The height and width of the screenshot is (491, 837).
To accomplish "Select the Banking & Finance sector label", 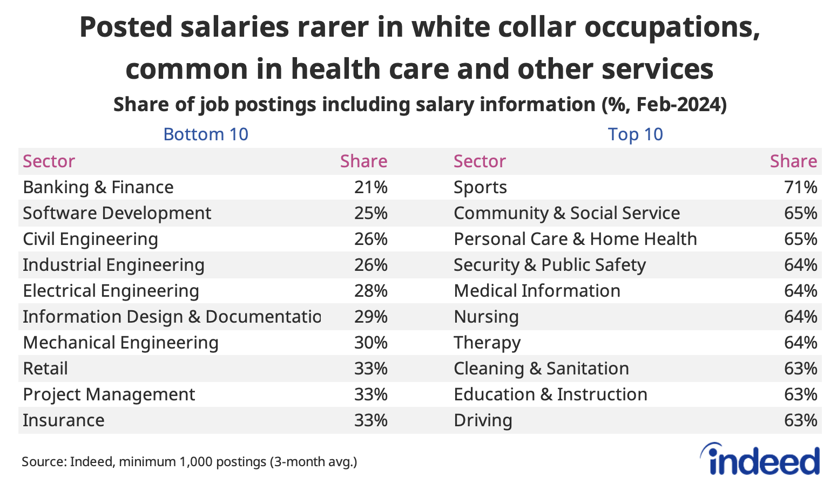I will [x=98, y=187].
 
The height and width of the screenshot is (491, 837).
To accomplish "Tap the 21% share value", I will [x=371, y=187].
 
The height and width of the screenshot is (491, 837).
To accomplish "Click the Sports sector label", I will [x=480, y=187].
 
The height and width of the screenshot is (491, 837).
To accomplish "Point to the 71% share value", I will [x=800, y=187].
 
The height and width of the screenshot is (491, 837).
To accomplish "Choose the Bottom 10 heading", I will [x=206, y=134].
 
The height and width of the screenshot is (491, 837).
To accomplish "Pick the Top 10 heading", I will [x=635, y=134].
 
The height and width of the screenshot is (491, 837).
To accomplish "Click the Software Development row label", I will [x=117, y=213].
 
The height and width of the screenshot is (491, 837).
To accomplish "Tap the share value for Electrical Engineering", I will [x=371, y=291].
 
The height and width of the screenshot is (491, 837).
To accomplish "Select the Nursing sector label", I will [x=486, y=317].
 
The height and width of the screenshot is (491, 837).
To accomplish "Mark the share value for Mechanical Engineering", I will [x=371, y=343].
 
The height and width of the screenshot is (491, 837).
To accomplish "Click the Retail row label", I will [x=45, y=369].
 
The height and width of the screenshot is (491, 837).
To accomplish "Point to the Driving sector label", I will [x=483, y=420].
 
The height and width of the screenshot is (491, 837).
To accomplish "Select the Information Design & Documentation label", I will [x=172, y=317].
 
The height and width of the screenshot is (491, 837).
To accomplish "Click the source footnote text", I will [x=189, y=462].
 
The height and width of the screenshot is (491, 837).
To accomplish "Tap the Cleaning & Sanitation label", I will [x=541, y=369].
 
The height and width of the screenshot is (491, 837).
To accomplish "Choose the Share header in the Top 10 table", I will [x=793, y=161].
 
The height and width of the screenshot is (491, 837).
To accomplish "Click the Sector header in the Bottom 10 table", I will [x=49, y=161].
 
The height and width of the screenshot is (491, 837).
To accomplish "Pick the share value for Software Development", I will [x=371, y=213].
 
